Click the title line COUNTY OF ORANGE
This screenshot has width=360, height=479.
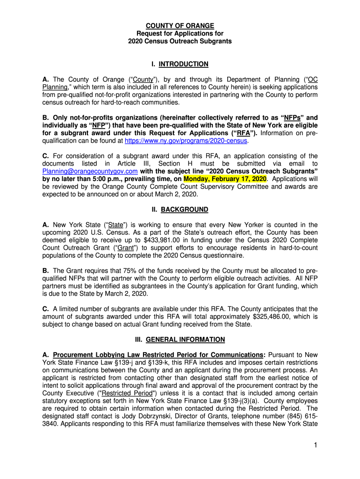180,26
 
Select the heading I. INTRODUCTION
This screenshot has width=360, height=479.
180,64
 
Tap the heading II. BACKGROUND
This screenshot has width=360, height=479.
180,210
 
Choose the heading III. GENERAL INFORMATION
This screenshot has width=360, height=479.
180,339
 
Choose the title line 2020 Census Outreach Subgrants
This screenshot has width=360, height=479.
180,41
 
